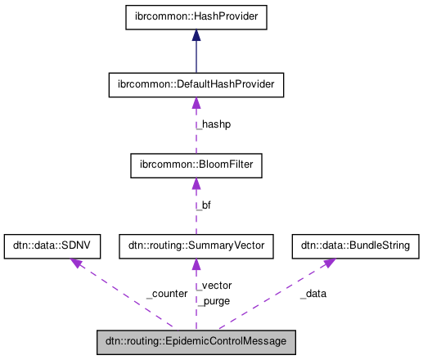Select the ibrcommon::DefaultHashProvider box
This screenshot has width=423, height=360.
click(x=196, y=84)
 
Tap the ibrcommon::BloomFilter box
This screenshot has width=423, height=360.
click(x=196, y=165)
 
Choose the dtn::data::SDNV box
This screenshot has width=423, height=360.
click(x=53, y=245)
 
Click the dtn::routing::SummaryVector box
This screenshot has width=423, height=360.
click(x=196, y=245)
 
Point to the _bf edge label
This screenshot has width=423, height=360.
click(x=204, y=205)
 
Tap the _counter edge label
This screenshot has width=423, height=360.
click(x=167, y=293)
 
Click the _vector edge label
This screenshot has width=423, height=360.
click(x=214, y=286)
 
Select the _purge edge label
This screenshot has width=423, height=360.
click(x=214, y=300)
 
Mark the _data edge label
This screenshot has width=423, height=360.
click(x=313, y=293)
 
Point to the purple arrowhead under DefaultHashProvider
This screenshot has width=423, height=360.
click(x=196, y=102)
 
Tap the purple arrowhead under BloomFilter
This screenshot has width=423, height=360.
click(x=196, y=183)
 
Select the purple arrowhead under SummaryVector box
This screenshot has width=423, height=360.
click(x=196, y=263)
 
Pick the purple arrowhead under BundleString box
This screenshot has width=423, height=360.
click(x=327, y=262)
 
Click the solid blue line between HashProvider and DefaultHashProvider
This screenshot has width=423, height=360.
click(x=196, y=57)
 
